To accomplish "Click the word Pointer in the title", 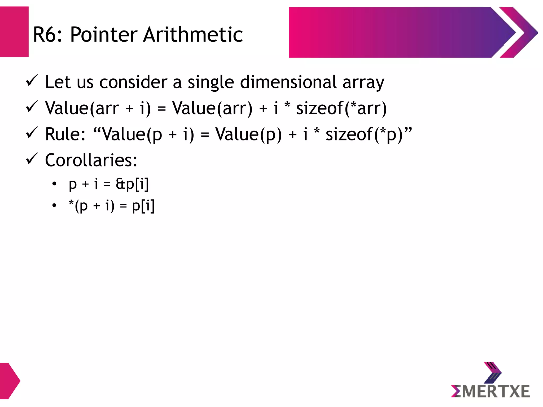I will coord(104,35).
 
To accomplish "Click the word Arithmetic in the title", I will coord(193,35).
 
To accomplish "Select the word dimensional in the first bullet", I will coord(288,82).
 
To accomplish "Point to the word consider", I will coord(133,82).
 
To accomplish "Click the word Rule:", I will coord(65,134).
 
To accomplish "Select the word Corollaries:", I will coord(91,160).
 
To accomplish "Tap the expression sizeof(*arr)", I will coord(341,108).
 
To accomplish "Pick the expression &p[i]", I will coord(132,184).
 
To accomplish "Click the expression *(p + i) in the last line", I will coord(91,206).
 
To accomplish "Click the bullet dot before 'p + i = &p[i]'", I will coord(54,184).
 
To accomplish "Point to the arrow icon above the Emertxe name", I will coord(492,372).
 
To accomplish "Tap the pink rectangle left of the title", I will coord(14,32).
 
